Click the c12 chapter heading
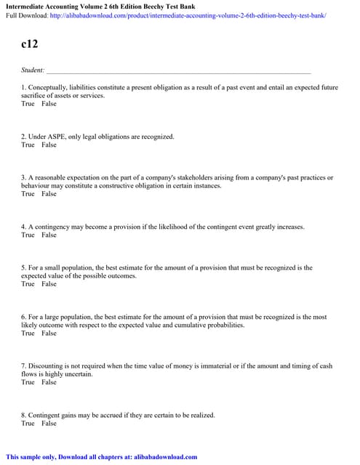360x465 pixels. click(x=29, y=44)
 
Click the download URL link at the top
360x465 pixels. click(x=188, y=15)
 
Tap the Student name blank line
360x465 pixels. click(x=178, y=71)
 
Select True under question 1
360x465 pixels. click(x=28, y=104)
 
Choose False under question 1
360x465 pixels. click(x=49, y=104)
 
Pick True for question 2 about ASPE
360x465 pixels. click(x=28, y=145)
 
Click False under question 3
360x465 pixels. click(x=49, y=194)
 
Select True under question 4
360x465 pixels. click(x=28, y=235)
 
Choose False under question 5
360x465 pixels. click(x=49, y=284)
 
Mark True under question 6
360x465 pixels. click(x=28, y=333)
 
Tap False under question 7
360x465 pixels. click(x=49, y=382)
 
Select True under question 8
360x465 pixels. click(x=28, y=423)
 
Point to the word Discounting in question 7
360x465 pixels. click(x=45, y=365)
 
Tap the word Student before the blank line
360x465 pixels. click(x=32, y=70)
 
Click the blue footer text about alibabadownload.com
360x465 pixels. click(x=102, y=456)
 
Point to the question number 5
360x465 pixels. click(x=23, y=267)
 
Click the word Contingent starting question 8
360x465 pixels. click(x=44, y=415)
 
